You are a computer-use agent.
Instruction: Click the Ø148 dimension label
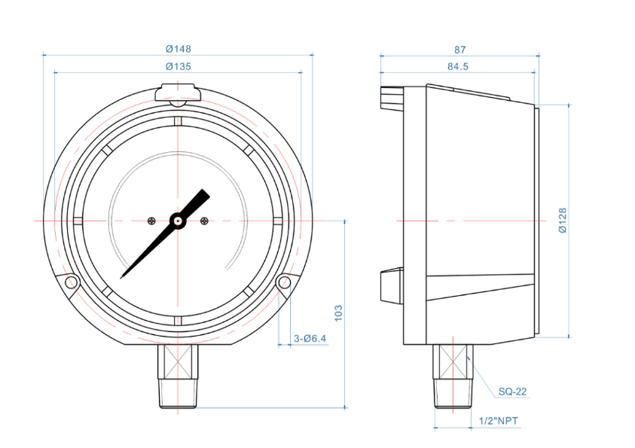click(x=178, y=48)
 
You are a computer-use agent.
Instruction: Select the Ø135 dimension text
click(x=178, y=66)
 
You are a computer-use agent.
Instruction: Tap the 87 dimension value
click(x=459, y=49)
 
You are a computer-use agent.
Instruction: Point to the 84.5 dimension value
click(x=457, y=66)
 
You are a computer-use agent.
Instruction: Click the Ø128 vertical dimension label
click(x=563, y=221)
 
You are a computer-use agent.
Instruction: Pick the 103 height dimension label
click(x=339, y=313)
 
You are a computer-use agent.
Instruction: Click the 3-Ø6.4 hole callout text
click(x=310, y=339)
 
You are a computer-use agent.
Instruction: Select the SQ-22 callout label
click(x=512, y=392)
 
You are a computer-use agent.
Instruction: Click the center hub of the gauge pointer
click(x=178, y=221)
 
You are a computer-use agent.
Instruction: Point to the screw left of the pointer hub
click(x=151, y=221)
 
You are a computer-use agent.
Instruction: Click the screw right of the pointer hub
click(x=204, y=221)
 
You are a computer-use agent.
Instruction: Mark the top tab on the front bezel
click(x=178, y=93)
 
